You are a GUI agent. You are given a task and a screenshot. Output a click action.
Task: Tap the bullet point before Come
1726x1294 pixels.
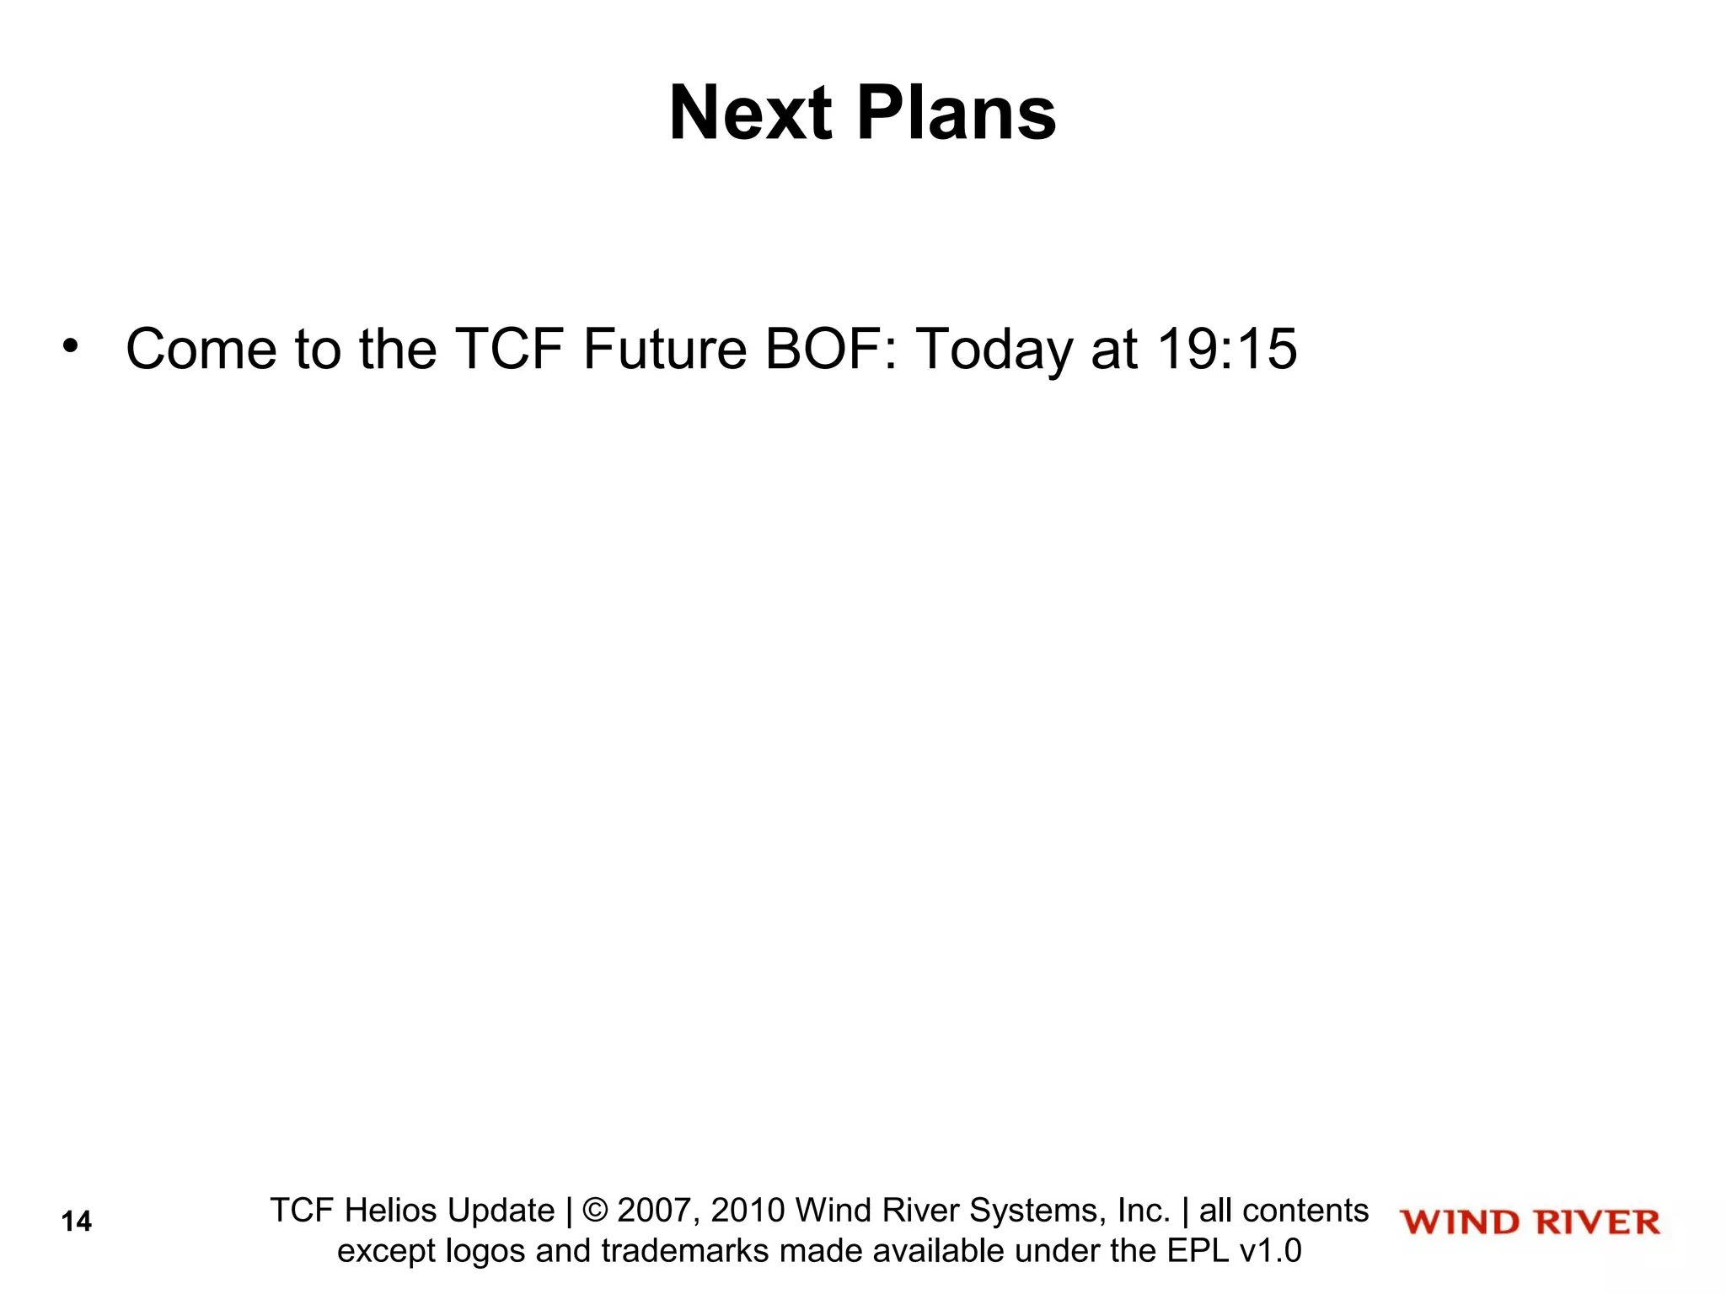(x=70, y=346)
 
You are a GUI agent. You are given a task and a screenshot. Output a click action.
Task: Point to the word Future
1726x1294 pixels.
(x=665, y=349)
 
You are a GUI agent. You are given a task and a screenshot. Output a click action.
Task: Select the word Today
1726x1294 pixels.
(x=994, y=350)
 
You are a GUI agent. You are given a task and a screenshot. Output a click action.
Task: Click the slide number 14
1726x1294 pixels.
(x=76, y=1222)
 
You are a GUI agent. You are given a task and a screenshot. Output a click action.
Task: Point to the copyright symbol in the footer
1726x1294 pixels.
(x=595, y=1211)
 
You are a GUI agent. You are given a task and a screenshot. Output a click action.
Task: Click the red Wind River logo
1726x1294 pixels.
(x=1530, y=1222)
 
